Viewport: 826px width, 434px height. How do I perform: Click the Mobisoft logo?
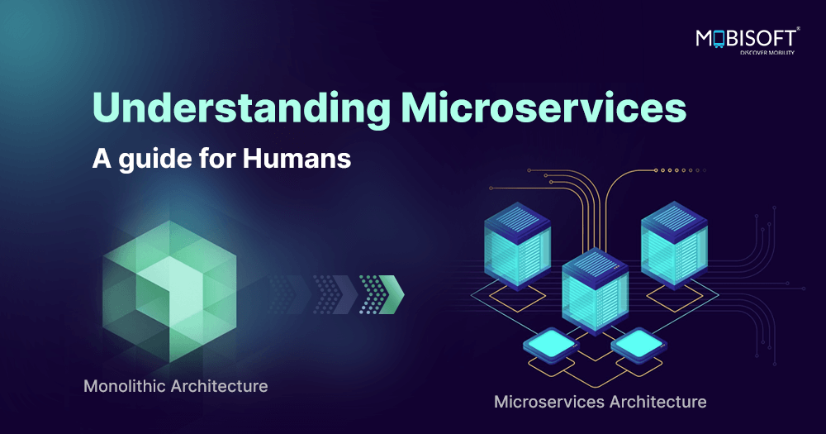click(x=745, y=38)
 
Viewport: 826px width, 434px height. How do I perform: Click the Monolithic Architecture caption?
click(x=175, y=386)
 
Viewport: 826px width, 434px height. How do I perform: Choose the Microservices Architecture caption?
click(x=600, y=403)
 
